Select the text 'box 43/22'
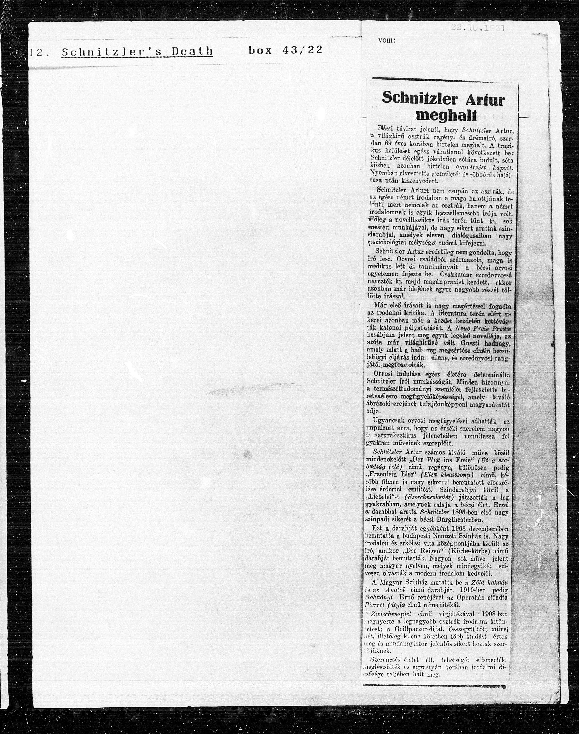click(x=285, y=50)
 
